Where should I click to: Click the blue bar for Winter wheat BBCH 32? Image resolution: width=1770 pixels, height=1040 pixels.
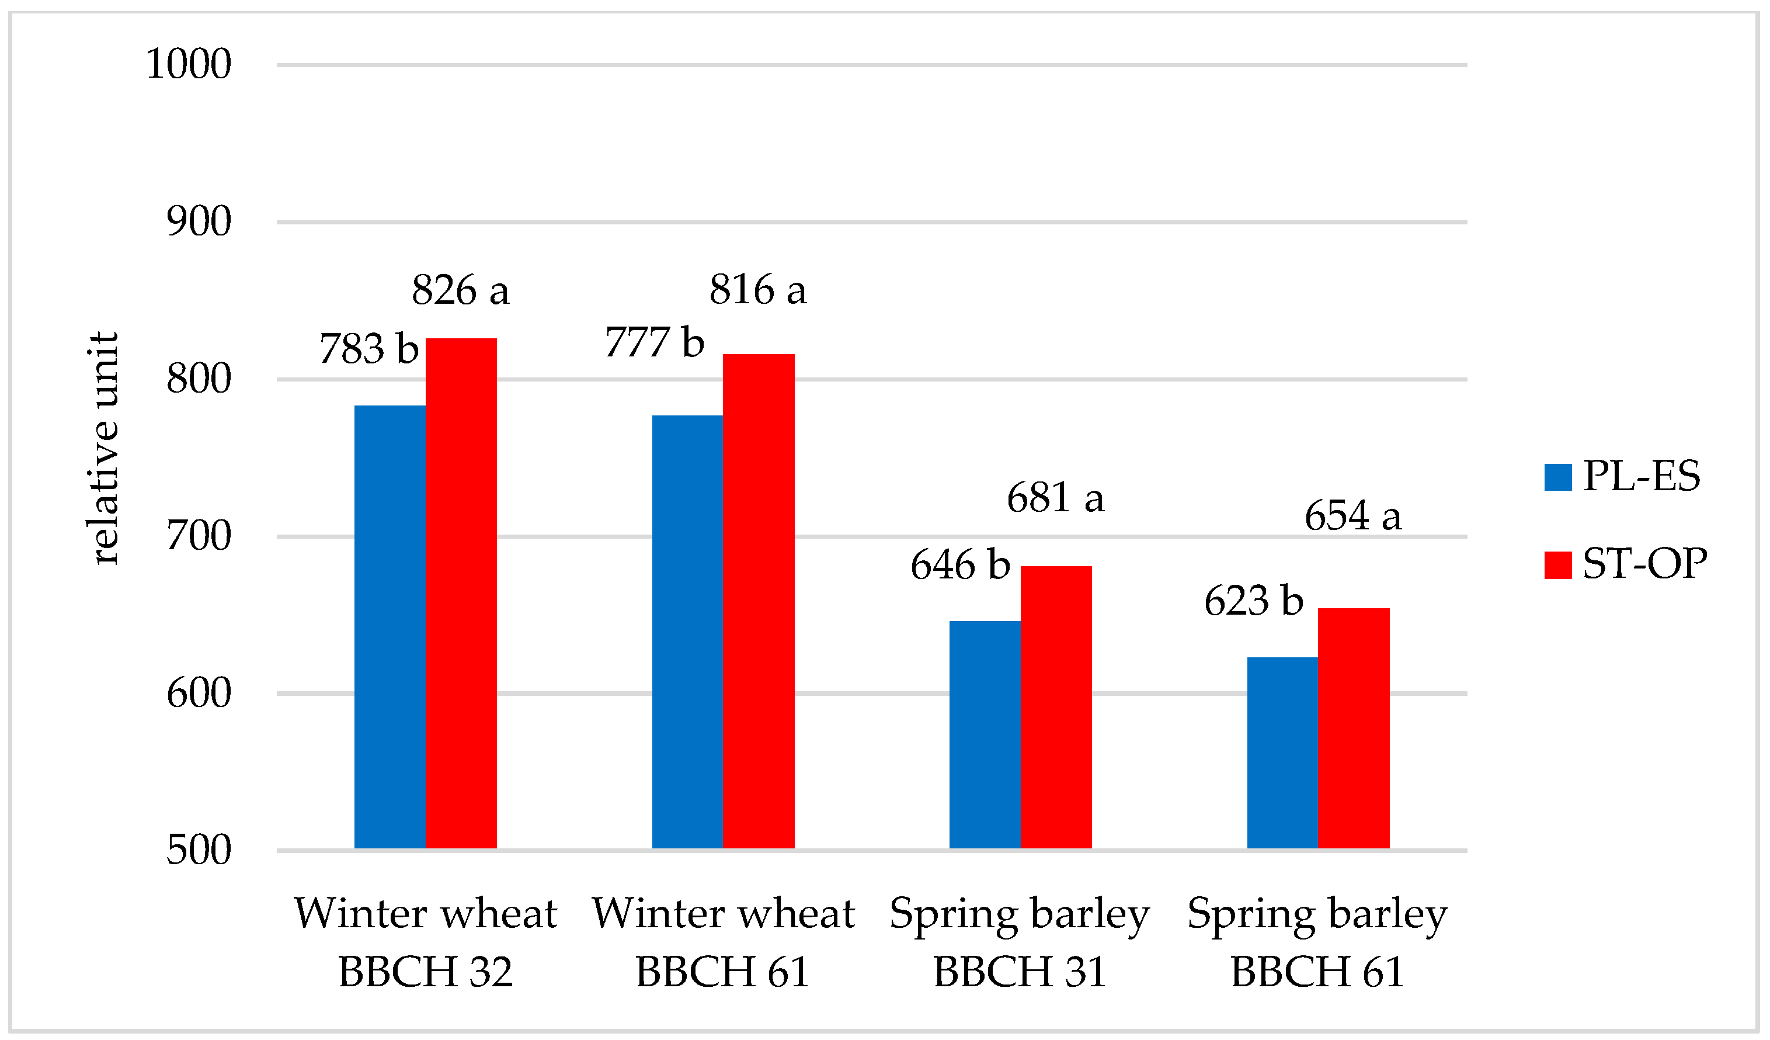390,627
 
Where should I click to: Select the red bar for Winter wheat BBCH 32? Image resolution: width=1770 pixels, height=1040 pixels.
461,594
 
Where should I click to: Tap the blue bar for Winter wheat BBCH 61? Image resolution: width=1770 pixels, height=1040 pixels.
688,632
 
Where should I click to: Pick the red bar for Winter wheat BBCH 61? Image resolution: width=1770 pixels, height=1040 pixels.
759,602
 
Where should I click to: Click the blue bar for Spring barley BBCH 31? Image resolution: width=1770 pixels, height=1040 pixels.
985,734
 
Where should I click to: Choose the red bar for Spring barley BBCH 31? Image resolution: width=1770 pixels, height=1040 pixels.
1056,708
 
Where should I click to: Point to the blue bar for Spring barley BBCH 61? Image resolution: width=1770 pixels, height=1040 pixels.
1282,753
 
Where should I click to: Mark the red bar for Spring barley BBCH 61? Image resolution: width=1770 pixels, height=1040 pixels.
1354,729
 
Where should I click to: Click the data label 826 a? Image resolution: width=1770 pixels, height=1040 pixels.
460,290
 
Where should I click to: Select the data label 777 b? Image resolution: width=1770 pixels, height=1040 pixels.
654,343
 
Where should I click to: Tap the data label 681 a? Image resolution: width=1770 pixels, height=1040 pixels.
1055,498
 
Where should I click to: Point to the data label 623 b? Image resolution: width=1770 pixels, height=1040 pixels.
1254,601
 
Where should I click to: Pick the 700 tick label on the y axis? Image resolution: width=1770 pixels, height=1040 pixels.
199,536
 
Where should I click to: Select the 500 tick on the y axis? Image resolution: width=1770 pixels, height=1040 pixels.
199,850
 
